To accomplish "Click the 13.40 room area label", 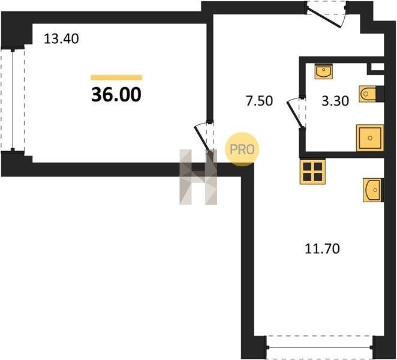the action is point(61,39).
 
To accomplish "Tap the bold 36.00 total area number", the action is point(116,94).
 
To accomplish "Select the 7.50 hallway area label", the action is point(259,101).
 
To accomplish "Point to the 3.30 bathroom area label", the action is point(335,101).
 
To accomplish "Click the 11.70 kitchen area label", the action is point(322,248).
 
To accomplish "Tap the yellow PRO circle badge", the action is point(242,149).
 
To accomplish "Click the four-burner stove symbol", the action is point(312,172).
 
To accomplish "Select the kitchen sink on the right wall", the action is point(373,190).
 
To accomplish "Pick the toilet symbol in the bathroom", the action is point(369,94).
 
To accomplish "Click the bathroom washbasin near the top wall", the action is point(324,71).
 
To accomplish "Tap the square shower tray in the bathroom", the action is point(370,138).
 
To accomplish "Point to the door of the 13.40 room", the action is point(202,139).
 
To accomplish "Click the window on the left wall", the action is point(13,100).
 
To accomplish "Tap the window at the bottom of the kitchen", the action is point(320,347).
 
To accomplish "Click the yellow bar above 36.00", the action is point(116,77).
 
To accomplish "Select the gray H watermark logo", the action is point(198,177).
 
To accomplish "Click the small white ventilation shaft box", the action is point(377,67).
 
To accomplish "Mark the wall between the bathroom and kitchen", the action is point(342,155).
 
